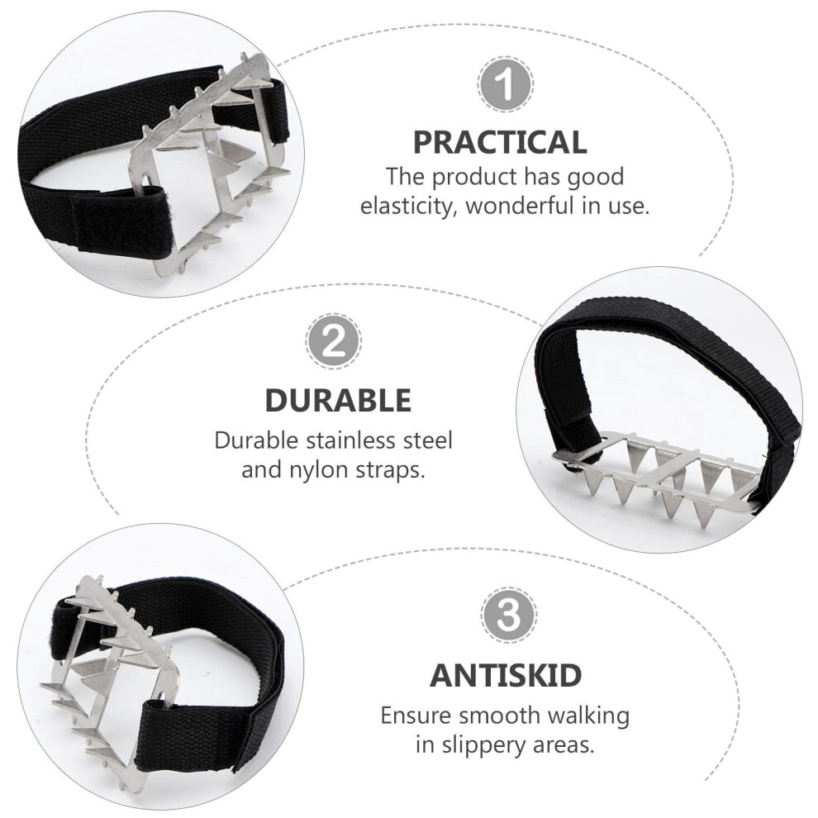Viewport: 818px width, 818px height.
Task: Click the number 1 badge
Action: tap(505, 83)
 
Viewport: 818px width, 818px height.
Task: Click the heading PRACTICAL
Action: tap(500, 142)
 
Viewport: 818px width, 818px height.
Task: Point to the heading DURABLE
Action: tap(338, 400)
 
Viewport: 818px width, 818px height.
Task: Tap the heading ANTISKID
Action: tap(506, 675)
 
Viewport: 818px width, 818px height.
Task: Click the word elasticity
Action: tap(406, 207)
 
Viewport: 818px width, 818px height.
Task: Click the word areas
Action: tap(564, 745)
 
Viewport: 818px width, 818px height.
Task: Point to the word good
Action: tap(600, 178)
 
